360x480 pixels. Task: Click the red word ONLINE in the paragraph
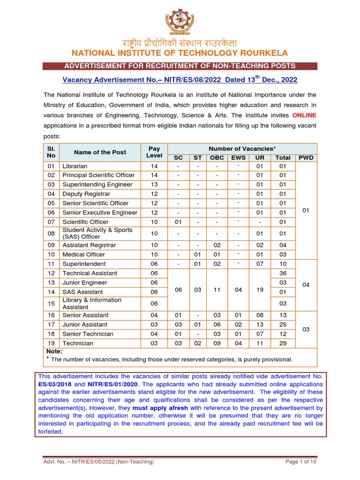point(304,115)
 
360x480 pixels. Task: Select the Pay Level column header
point(154,152)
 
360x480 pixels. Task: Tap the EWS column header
point(238,158)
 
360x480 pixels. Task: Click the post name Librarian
point(75,166)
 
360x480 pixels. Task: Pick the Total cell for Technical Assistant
point(283,273)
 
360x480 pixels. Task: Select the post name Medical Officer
point(84,255)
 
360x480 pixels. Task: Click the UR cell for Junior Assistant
point(260,324)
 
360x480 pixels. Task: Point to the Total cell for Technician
point(283,343)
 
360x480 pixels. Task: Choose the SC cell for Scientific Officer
point(178,222)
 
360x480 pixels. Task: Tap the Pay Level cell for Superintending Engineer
point(154,185)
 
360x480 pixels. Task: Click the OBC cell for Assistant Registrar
point(217,245)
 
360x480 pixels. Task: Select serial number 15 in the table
point(51,303)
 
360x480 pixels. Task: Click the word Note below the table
point(54,351)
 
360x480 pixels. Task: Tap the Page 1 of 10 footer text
point(301,462)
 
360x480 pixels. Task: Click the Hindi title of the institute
point(180,41)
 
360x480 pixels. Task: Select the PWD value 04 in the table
point(306,285)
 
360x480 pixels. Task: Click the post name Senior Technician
point(88,334)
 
